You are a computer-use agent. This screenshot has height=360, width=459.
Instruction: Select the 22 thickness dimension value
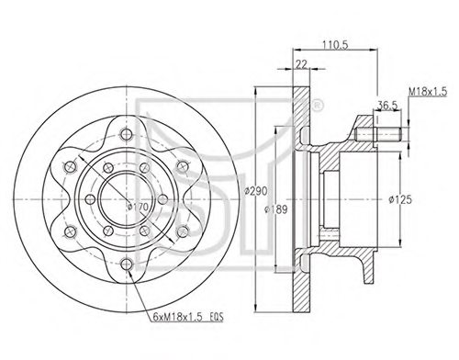tap(299, 63)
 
